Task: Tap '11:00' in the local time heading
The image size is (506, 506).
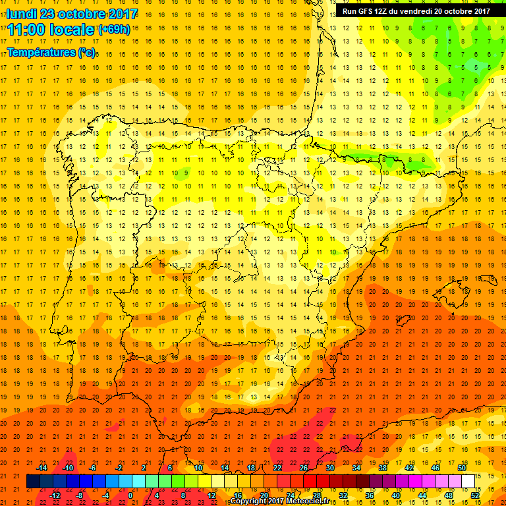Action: click(x=26, y=29)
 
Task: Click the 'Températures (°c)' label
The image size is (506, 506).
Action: click(x=51, y=52)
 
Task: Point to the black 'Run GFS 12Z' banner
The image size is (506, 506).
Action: click(x=416, y=11)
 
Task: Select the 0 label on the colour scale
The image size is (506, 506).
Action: click(x=130, y=495)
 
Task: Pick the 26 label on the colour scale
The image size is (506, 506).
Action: click(x=304, y=468)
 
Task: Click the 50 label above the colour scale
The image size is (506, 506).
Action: click(x=461, y=468)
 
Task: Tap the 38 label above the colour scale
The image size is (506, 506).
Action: click(x=382, y=468)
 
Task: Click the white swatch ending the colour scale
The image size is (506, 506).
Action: click(x=468, y=482)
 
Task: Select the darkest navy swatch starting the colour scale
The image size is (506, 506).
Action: click(x=34, y=482)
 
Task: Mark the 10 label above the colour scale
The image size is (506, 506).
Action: click(x=198, y=468)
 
